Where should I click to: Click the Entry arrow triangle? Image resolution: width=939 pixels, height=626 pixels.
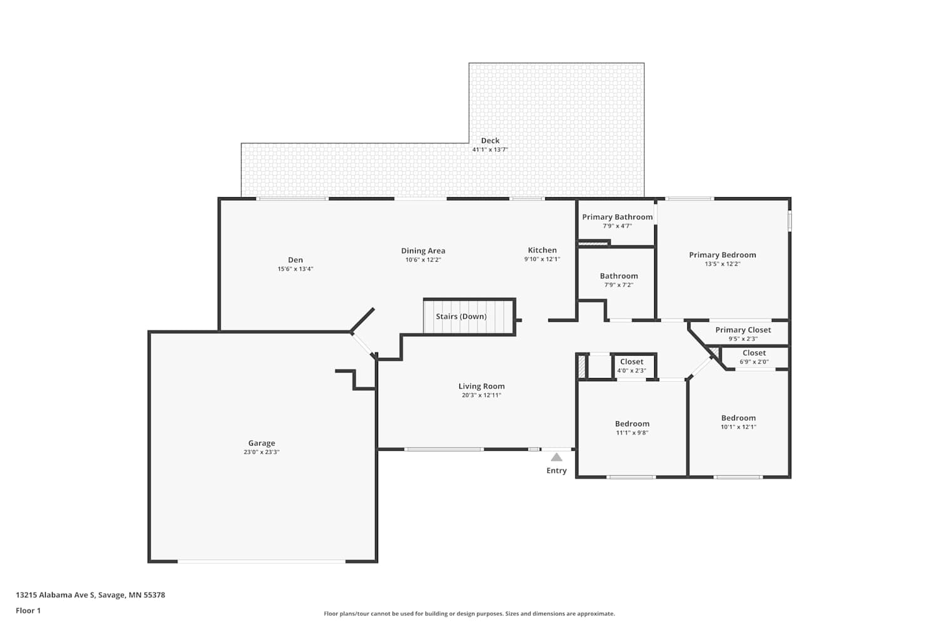(557, 457)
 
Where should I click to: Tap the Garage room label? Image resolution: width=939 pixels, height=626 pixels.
(262, 443)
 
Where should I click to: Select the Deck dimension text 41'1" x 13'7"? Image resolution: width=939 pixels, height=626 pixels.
(490, 150)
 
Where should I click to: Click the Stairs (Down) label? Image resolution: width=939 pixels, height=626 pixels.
(461, 316)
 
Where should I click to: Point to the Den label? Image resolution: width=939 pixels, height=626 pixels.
(295, 260)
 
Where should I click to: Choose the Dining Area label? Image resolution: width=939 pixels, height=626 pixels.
(423, 251)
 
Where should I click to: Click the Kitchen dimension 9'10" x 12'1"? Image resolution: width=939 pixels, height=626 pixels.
(542, 259)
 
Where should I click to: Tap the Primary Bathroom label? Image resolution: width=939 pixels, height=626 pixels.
(617, 217)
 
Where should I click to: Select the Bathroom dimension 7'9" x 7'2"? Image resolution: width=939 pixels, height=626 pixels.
(618, 285)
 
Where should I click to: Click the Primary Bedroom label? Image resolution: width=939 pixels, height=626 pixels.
(722, 255)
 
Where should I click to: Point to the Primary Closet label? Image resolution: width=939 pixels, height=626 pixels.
(743, 330)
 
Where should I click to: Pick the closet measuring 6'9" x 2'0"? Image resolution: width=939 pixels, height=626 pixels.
(754, 357)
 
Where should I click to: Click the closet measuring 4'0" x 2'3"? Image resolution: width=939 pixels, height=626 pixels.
(632, 366)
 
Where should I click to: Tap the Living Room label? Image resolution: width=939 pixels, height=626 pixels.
(481, 386)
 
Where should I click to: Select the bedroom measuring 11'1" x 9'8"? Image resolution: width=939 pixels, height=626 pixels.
(632, 428)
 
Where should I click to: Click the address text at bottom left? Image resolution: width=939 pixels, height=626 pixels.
(91, 595)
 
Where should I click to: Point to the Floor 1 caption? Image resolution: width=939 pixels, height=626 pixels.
(29, 610)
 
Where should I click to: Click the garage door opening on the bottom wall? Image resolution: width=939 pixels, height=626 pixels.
(262, 562)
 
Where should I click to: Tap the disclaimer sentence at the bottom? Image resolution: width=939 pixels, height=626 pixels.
(469, 613)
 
